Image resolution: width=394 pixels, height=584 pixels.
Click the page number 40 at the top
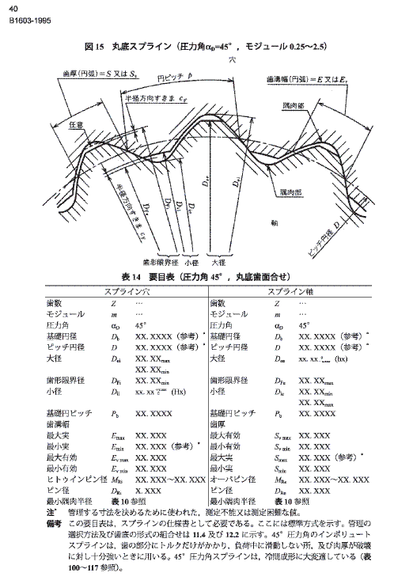(x=13, y=8)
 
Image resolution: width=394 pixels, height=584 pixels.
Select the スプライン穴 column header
(x=117, y=291)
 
